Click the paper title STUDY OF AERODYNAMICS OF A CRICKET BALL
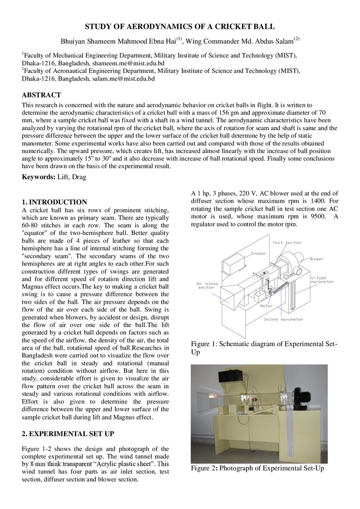tap(180, 27)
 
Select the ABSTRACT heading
tap(41, 95)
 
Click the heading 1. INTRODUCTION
tap(54, 202)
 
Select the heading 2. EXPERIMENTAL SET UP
tap(68, 434)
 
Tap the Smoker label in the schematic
tap(258, 253)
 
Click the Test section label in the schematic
tap(287, 243)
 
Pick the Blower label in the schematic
tap(316, 259)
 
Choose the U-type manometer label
tap(322, 280)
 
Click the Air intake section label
tap(207, 285)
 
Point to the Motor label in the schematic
tap(266, 306)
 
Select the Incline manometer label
tap(283, 320)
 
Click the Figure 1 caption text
tap(264, 348)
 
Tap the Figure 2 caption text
tap(257, 468)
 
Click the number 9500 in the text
tap(318, 216)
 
